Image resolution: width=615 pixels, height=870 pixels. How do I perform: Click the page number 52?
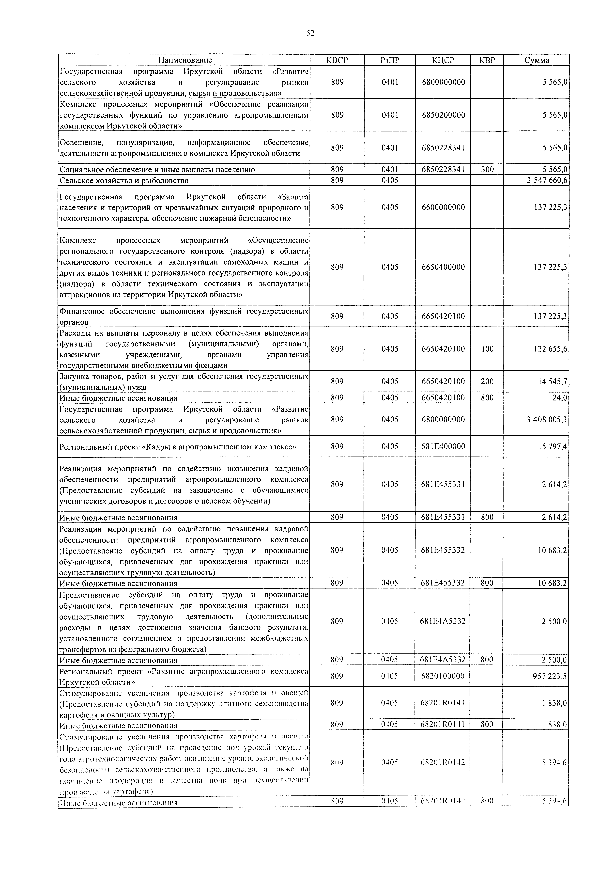[x=310, y=33]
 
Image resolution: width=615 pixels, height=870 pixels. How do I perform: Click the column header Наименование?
[x=184, y=60]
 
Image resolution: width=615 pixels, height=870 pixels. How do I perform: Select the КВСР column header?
[x=337, y=60]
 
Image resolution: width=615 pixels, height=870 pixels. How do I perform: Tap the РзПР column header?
[x=390, y=60]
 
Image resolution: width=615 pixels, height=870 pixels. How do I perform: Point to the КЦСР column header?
[x=443, y=60]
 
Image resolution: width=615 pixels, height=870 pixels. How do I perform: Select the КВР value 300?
[x=487, y=169]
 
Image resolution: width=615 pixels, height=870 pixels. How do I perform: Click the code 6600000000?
[x=443, y=207]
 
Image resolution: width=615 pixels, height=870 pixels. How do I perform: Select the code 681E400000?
[x=443, y=446]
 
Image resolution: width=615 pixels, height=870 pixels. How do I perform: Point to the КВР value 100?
[x=487, y=349]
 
